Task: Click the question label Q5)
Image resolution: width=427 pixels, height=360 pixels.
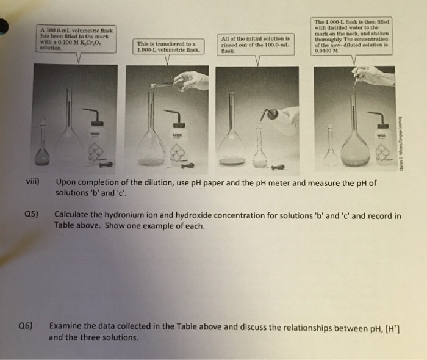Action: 32,215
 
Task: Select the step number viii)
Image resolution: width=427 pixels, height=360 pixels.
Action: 34,182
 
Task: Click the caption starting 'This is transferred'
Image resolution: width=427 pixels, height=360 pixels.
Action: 167,47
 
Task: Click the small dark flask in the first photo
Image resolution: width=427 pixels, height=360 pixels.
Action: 42,153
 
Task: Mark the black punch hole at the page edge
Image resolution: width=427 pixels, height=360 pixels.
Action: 5,27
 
